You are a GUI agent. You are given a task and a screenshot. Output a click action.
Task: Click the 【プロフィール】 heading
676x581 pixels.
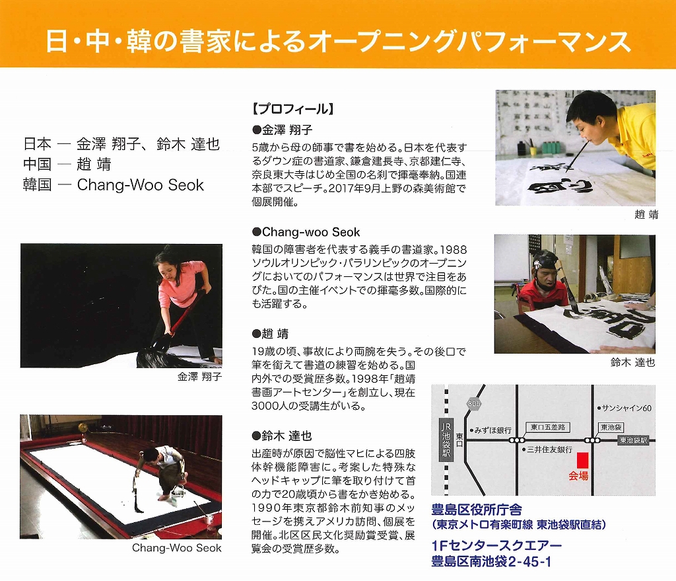[293, 109]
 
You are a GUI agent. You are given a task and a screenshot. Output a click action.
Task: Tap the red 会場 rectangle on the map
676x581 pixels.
[582, 459]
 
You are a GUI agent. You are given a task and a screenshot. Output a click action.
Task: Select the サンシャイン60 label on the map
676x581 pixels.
[625, 408]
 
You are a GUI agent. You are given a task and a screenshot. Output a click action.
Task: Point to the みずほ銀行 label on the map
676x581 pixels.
[490, 430]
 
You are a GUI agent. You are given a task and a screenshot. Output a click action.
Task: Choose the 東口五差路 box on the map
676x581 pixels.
[548, 428]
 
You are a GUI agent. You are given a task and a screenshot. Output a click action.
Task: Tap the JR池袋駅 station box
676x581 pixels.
[446, 440]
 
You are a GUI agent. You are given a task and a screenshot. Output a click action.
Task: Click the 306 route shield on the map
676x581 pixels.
[474, 404]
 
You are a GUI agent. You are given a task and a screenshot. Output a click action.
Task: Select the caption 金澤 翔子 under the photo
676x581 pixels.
[199, 376]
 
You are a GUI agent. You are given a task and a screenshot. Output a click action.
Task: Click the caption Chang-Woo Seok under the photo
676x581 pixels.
[177, 548]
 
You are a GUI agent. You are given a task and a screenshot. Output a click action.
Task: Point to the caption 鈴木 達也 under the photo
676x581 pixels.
[633, 362]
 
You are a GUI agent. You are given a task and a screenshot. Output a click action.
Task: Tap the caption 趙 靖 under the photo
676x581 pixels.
[646, 214]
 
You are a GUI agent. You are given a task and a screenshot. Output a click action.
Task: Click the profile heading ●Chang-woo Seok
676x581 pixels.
[306, 232]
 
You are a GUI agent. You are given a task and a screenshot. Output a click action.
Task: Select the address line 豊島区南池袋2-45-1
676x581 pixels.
[491, 562]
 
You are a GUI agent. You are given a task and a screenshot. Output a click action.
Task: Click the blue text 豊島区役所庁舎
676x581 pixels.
[477, 510]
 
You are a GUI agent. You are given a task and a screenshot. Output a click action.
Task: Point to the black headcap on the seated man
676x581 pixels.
[545, 262]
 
